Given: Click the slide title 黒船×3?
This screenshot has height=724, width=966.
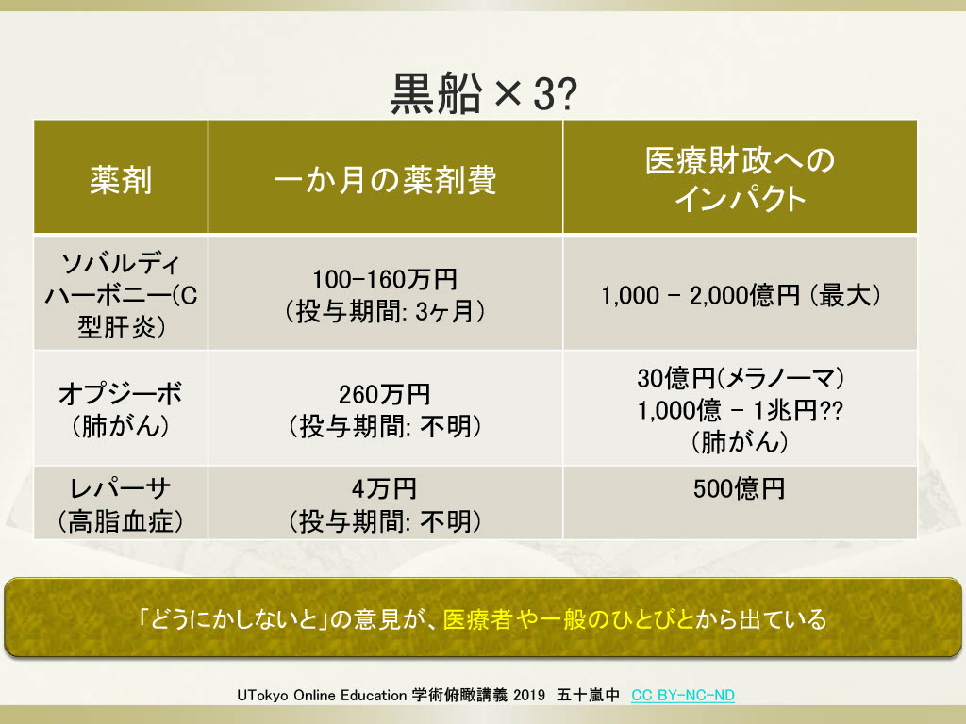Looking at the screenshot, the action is tap(484, 93).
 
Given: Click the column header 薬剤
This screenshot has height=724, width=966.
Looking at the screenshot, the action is tap(121, 180).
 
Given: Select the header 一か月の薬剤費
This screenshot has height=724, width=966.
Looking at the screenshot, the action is tap(385, 180).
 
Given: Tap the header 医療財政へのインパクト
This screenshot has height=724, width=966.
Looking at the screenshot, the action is tap(740, 178).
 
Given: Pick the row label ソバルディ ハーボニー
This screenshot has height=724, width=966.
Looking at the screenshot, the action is tap(121, 295).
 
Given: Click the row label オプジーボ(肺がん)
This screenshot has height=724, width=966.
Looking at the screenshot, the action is tap(121, 409).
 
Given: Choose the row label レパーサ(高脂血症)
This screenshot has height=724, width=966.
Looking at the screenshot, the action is tap(121, 504).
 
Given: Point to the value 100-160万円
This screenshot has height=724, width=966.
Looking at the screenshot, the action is tap(385, 279).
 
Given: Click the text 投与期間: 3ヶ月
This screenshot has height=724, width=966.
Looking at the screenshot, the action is tap(385, 311).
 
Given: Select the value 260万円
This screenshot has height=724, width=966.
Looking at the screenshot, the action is tap(385, 394).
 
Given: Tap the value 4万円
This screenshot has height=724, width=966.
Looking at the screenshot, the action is tap(385, 489).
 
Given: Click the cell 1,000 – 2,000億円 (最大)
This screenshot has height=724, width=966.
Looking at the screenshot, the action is tap(741, 295).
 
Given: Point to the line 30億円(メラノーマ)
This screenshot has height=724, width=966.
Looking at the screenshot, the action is tap(741, 378).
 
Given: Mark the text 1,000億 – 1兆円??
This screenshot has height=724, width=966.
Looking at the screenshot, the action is tap(741, 410).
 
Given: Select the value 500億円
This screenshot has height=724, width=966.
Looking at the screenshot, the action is tap(740, 489).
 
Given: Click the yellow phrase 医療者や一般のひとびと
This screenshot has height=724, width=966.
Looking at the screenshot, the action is tap(568, 618).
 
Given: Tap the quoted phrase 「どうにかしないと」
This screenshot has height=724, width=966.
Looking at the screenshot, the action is tap(232, 618).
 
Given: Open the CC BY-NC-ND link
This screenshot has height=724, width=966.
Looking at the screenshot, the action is tap(683, 695).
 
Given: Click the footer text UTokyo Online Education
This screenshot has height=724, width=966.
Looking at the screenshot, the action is tap(322, 695).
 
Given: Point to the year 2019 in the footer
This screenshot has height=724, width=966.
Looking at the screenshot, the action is tap(529, 695).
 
